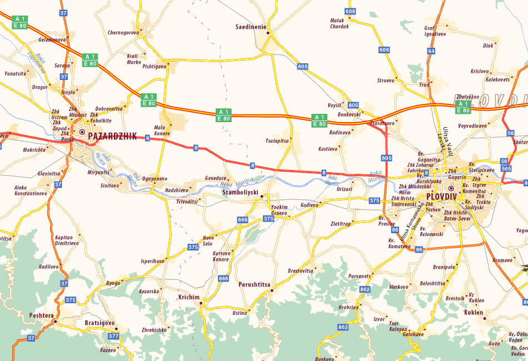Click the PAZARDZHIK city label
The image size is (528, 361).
click(x=112, y=134)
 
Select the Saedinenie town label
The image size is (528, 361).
click(x=251, y=27)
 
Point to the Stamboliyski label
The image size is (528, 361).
click(x=241, y=192)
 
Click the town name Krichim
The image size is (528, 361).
click(x=188, y=297)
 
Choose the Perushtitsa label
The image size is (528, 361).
click(x=254, y=284)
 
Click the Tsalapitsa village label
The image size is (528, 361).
click(x=278, y=141)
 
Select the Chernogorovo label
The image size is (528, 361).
click(x=123, y=33)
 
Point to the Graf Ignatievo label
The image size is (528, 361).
click(x=435, y=31)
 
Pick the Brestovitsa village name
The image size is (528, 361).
click(x=301, y=270)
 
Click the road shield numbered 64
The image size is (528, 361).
click(x=431, y=51)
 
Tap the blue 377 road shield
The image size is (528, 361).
click(x=113, y=336)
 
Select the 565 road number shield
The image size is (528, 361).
click(x=506, y=168)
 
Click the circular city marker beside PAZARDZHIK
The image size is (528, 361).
click(x=82, y=132)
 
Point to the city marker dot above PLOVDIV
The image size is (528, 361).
click(x=451, y=188)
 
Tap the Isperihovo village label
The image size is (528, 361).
click(x=153, y=260)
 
